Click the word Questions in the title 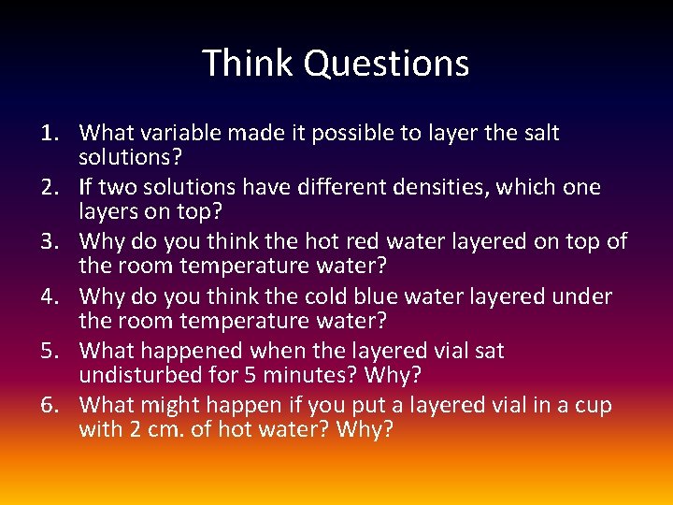click(x=386, y=64)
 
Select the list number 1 click(x=52, y=133)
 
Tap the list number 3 click(x=52, y=242)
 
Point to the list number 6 click(x=52, y=406)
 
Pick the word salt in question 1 click(x=538, y=133)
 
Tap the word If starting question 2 click(x=88, y=187)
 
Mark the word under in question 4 click(x=583, y=296)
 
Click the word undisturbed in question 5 click(x=140, y=375)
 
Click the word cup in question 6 click(x=594, y=406)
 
